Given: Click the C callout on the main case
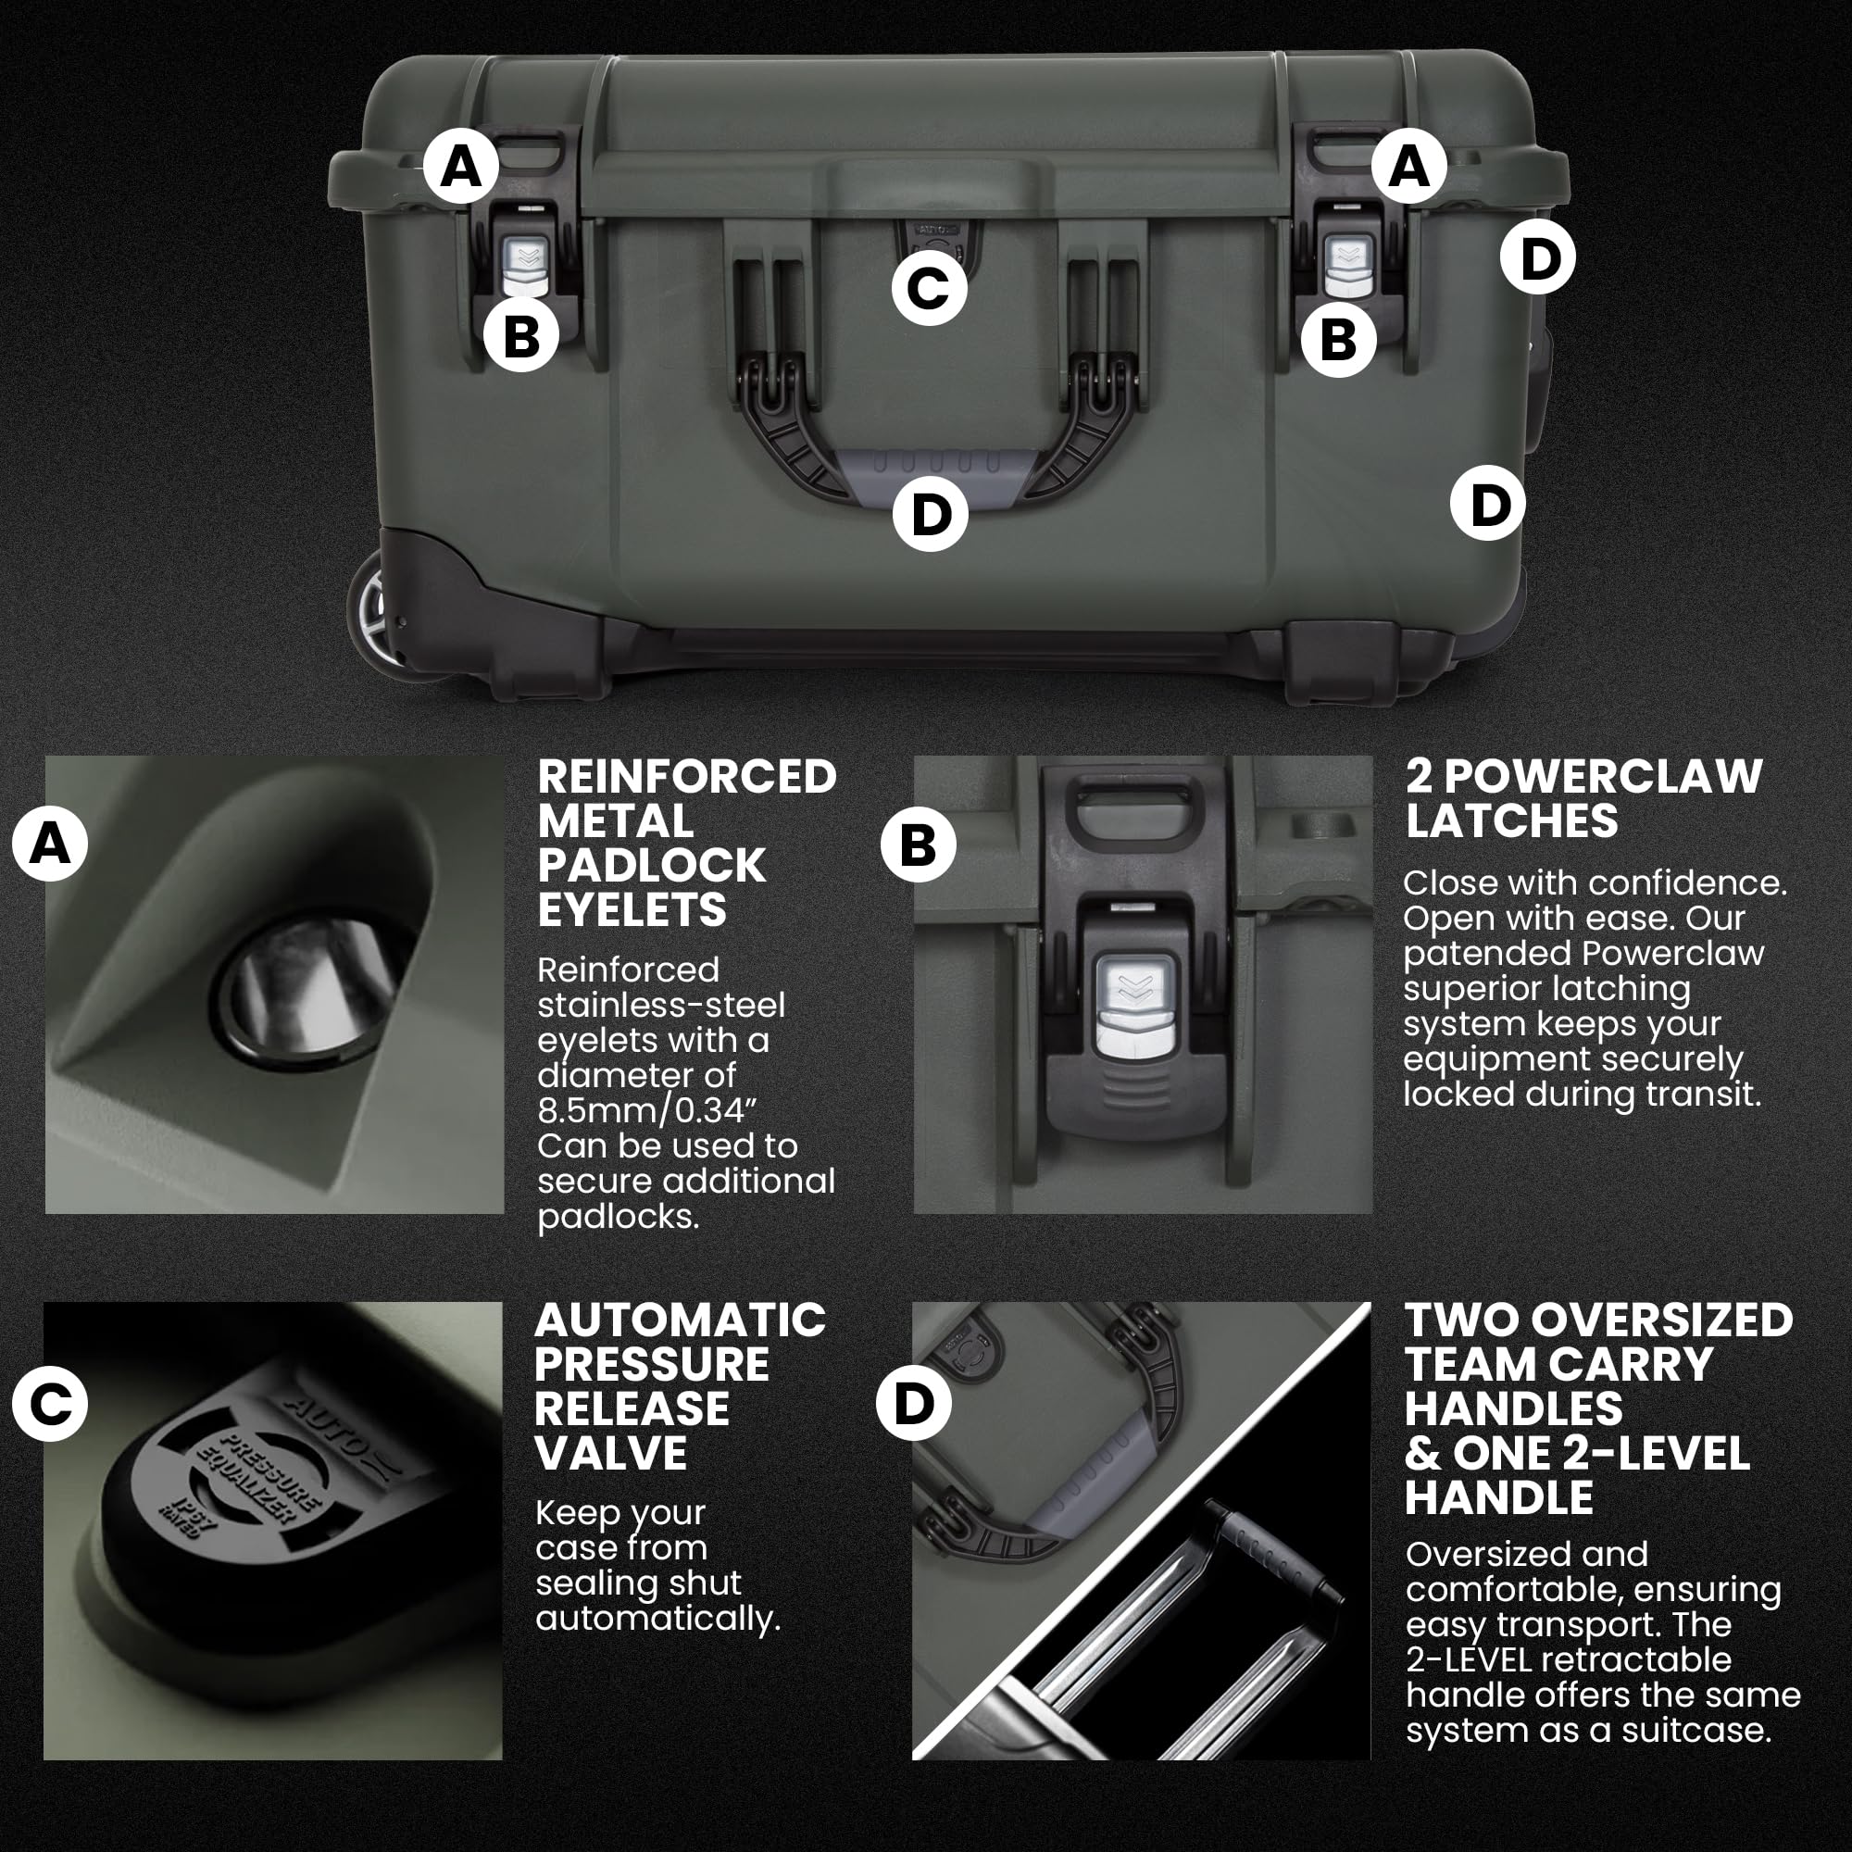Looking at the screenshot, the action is [928, 287].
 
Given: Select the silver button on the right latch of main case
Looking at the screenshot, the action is [1346, 266].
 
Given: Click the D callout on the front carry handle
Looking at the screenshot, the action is [930, 514].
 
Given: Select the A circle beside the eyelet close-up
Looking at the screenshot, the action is [50, 845].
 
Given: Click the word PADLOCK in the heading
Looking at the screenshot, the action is [651, 866].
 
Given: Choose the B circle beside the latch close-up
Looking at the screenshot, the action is [919, 845].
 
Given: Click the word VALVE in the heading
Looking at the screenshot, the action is [610, 1453].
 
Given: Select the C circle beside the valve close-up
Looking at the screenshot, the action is [50, 1404].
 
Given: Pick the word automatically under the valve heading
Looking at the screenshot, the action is [657, 1619].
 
